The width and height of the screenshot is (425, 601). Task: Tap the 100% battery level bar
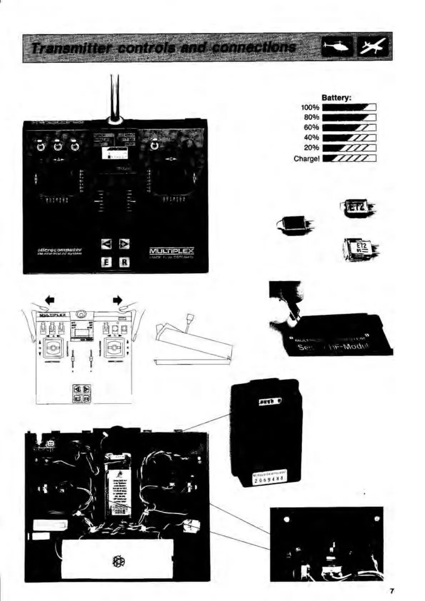(x=349, y=107)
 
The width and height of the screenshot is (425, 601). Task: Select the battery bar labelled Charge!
(x=349, y=158)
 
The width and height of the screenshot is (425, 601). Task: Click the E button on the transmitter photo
(x=105, y=262)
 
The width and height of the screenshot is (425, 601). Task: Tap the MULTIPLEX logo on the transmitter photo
(x=171, y=251)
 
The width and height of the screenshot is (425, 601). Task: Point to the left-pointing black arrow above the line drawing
(x=50, y=300)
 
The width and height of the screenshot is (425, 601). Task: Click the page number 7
(x=391, y=591)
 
